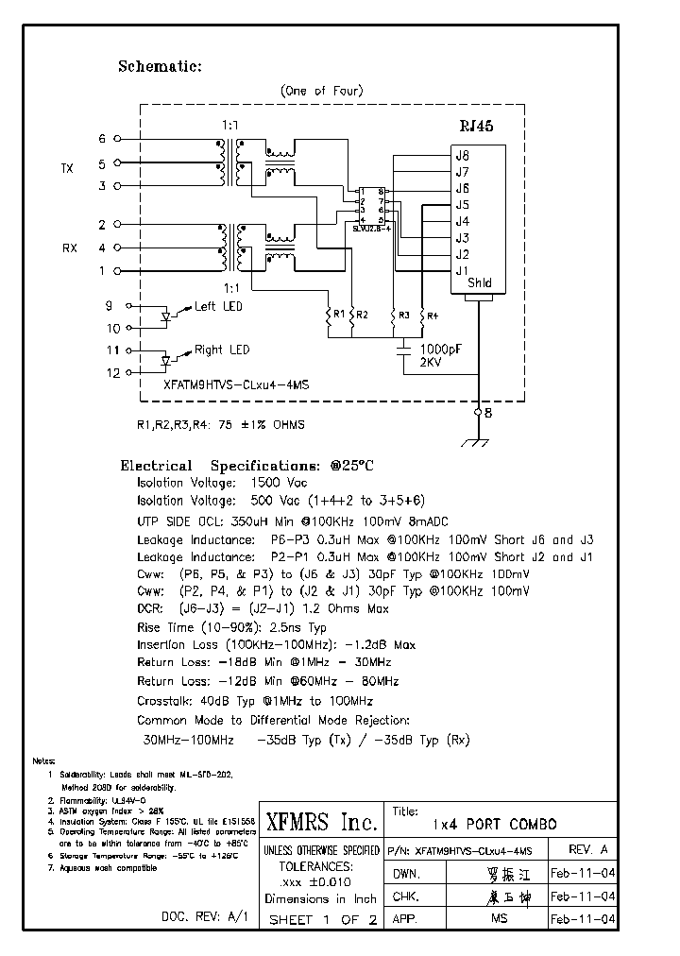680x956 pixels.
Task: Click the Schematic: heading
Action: pos(160,66)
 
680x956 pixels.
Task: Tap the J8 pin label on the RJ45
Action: pos(462,156)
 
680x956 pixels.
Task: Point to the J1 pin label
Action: pos(462,271)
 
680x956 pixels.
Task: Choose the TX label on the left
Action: pos(67,168)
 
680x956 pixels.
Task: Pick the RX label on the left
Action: pos(70,248)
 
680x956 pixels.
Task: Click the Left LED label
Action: pos(218,306)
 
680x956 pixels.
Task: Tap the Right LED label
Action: pos(222,350)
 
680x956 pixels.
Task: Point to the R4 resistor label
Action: pos(432,315)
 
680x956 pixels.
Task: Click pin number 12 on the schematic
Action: pos(113,373)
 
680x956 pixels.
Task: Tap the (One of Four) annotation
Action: pos(321,91)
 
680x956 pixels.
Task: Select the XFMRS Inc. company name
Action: pos(321,819)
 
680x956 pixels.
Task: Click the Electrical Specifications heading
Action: pos(246,466)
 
